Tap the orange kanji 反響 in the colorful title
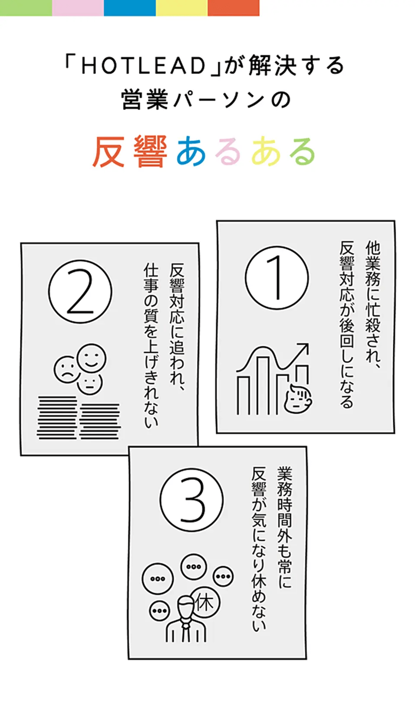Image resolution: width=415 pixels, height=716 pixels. click(x=130, y=151)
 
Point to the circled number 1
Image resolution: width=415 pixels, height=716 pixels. click(x=277, y=277)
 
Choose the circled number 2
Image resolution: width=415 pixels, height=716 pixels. click(x=80, y=291)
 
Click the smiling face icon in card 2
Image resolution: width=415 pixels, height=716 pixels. click(x=92, y=358)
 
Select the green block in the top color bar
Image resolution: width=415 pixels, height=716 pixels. click(x=26, y=8)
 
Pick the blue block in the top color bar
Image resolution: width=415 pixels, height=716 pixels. click(x=130, y=8)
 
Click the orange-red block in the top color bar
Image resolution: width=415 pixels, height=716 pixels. click(x=234, y=8)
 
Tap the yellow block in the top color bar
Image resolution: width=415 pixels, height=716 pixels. click(x=182, y=8)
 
